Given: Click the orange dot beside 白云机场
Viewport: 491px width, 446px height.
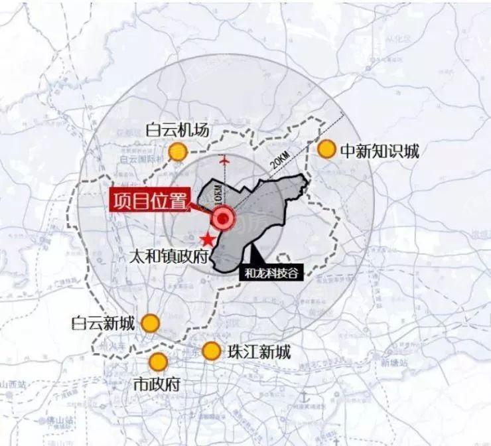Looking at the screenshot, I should tap(177, 152).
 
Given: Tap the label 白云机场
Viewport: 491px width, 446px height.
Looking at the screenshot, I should tap(177, 130).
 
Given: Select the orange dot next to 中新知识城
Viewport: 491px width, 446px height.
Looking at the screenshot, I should tap(326, 149).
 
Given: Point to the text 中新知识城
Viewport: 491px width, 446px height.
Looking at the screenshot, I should tap(380, 151).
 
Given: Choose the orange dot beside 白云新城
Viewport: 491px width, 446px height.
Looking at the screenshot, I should tap(151, 323).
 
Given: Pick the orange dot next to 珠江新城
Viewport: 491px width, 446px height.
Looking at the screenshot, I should tap(211, 351).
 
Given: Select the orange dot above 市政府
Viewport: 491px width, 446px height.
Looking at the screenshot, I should tap(158, 362).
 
